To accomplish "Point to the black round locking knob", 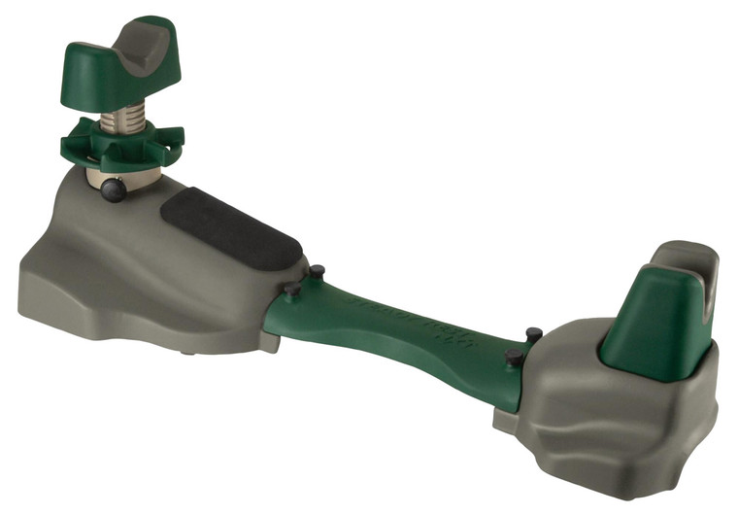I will (x=114, y=190).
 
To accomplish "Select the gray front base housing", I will (x=117, y=262).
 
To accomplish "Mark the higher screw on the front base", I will (x=317, y=271).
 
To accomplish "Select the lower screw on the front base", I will (x=291, y=290).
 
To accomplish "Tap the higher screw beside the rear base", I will (x=533, y=334).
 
